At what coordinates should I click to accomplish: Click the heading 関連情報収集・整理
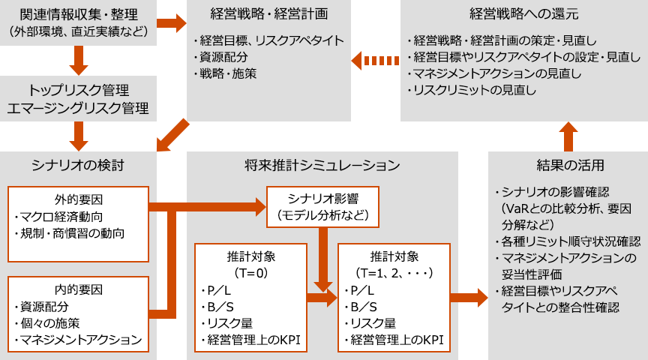point(79,14)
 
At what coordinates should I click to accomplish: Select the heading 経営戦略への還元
point(523,14)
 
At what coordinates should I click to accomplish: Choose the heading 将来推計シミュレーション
point(322,165)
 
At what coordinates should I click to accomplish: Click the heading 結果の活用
point(567,165)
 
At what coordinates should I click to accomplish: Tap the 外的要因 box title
point(78,200)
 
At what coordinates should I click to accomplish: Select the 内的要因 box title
point(78,289)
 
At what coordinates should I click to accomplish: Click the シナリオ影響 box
point(322,208)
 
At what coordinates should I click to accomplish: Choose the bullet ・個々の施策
point(52,323)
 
